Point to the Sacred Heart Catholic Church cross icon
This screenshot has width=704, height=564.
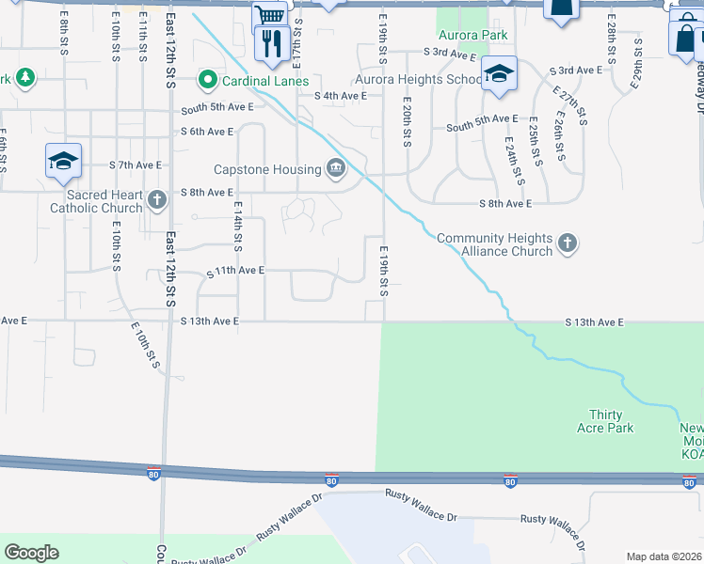[x=157, y=199]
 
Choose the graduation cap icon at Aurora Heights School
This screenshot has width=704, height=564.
[x=499, y=74]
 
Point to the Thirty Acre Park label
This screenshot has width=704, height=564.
[x=611, y=421]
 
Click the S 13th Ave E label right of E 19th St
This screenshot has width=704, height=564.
[x=594, y=322]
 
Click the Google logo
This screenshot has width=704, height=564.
[x=32, y=553]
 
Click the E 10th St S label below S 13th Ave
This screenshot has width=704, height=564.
[x=143, y=346]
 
